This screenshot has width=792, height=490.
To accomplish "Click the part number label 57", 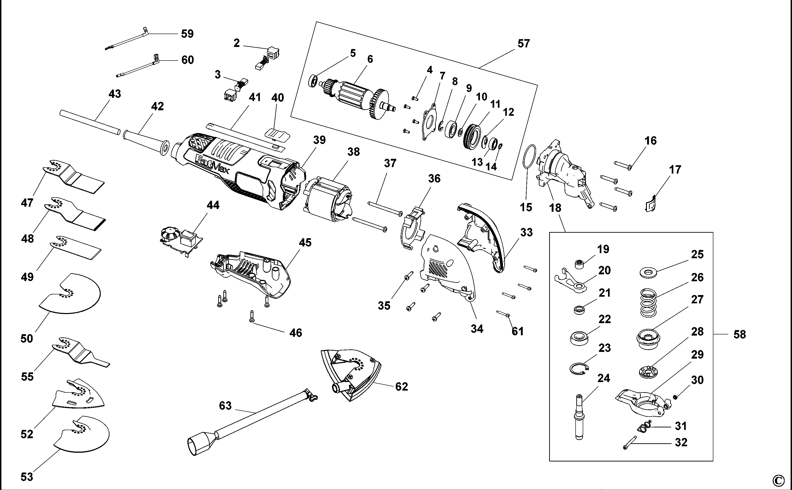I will tap(524, 43).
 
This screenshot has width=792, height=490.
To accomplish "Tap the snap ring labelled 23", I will tap(579, 369).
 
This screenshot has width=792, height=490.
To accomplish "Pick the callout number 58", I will tap(740, 334).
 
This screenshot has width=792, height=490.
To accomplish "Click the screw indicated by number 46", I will tap(252, 316).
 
